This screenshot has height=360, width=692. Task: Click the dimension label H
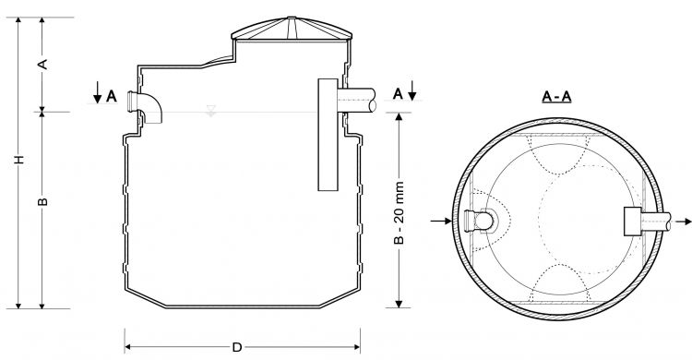[x=18, y=160]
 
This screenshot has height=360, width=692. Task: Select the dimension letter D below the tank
[x=237, y=347]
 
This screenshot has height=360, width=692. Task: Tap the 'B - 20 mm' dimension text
[x=399, y=212]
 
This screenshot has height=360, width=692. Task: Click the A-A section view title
[x=556, y=96]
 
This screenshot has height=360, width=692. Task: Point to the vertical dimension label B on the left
[x=42, y=202]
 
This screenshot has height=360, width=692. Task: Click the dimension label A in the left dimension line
[x=42, y=65]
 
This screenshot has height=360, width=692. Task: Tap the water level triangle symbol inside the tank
[x=211, y=111]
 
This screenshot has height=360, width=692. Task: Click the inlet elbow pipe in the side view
[x=145, y=106]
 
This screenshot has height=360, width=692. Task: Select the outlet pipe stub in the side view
[x=356, y=101]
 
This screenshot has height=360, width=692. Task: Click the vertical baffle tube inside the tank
[x=328, y=135]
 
